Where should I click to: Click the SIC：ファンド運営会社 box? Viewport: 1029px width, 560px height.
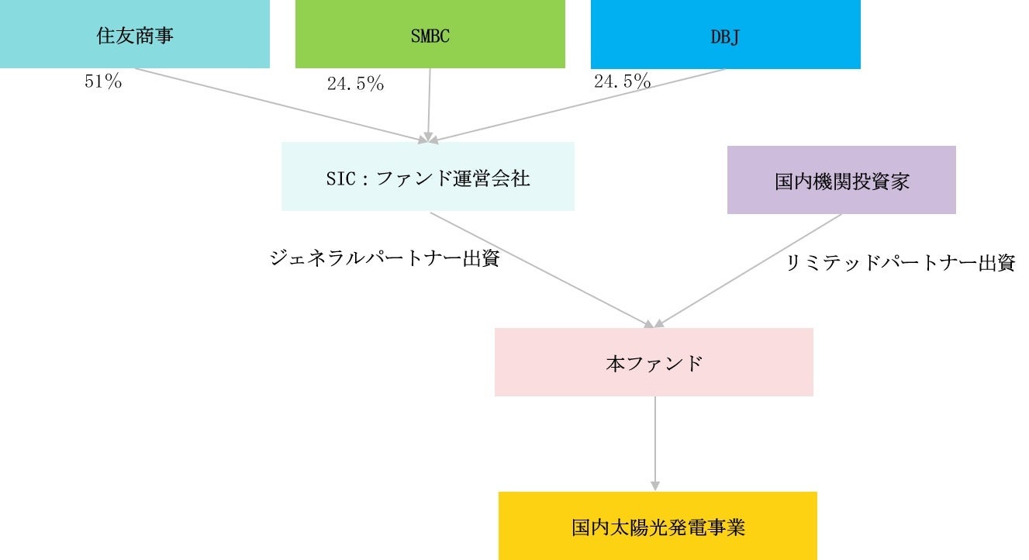pos(427,177)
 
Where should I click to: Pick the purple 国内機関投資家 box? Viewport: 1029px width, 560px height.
pos(841,180)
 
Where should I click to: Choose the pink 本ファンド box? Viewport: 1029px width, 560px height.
pos(654,362)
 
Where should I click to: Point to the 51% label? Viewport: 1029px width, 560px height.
pos(103,82)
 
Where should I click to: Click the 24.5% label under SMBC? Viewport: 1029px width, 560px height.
pos(355,85)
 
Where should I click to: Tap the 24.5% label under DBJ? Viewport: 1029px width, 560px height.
pos(622,81)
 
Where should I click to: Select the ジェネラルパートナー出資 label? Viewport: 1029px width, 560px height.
pos(384,259)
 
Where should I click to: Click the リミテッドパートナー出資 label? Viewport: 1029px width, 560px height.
pos(900,264)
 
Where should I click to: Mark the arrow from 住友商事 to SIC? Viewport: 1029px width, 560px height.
pos(279,105)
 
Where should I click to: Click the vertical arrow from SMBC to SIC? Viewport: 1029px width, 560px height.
pos(429,105)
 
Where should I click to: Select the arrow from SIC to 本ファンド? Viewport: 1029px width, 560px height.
pos(543,269)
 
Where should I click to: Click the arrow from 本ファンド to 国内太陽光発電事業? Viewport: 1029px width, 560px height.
pos(655,442)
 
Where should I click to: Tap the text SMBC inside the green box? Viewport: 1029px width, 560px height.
pos(430,36)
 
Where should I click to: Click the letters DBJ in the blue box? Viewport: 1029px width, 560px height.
pos(725,36)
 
